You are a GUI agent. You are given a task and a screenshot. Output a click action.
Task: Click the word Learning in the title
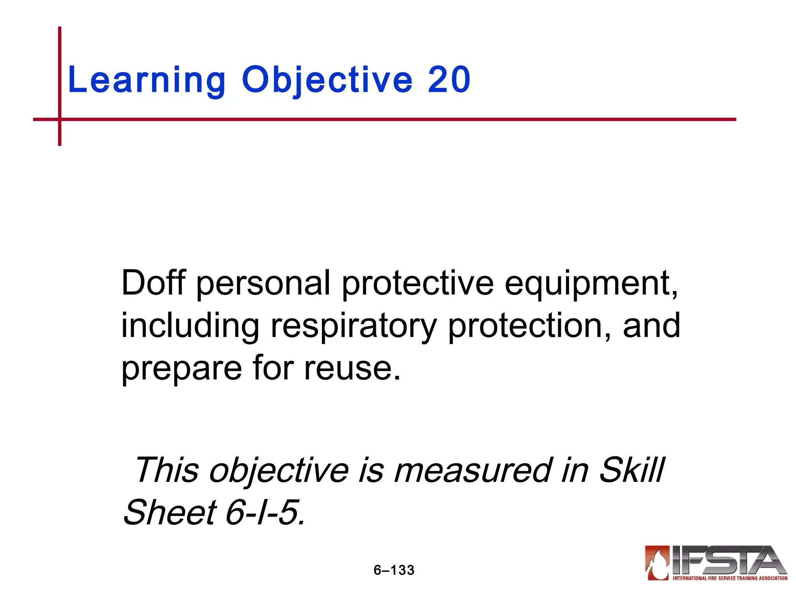[147, 80]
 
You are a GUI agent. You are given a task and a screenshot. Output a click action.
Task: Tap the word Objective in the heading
[327, 80]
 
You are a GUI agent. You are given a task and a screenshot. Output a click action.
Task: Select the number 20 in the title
[449, 80]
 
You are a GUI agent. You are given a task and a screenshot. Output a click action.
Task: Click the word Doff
[154, 283]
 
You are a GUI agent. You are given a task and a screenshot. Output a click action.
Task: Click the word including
[190, 326]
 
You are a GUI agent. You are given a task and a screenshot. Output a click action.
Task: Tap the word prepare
[182, 368]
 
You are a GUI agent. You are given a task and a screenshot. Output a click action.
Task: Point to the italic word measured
[472, 470]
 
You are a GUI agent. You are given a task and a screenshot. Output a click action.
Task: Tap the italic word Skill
[632, 470]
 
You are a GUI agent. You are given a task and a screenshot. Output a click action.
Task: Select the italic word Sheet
[170, 512]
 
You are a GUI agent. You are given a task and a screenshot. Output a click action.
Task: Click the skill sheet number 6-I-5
[264, 512]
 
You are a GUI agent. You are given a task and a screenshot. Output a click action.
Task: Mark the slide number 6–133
[394, 570]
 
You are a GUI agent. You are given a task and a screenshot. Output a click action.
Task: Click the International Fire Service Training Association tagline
[730, 578]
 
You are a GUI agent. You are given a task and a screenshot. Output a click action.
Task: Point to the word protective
[418, 283]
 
